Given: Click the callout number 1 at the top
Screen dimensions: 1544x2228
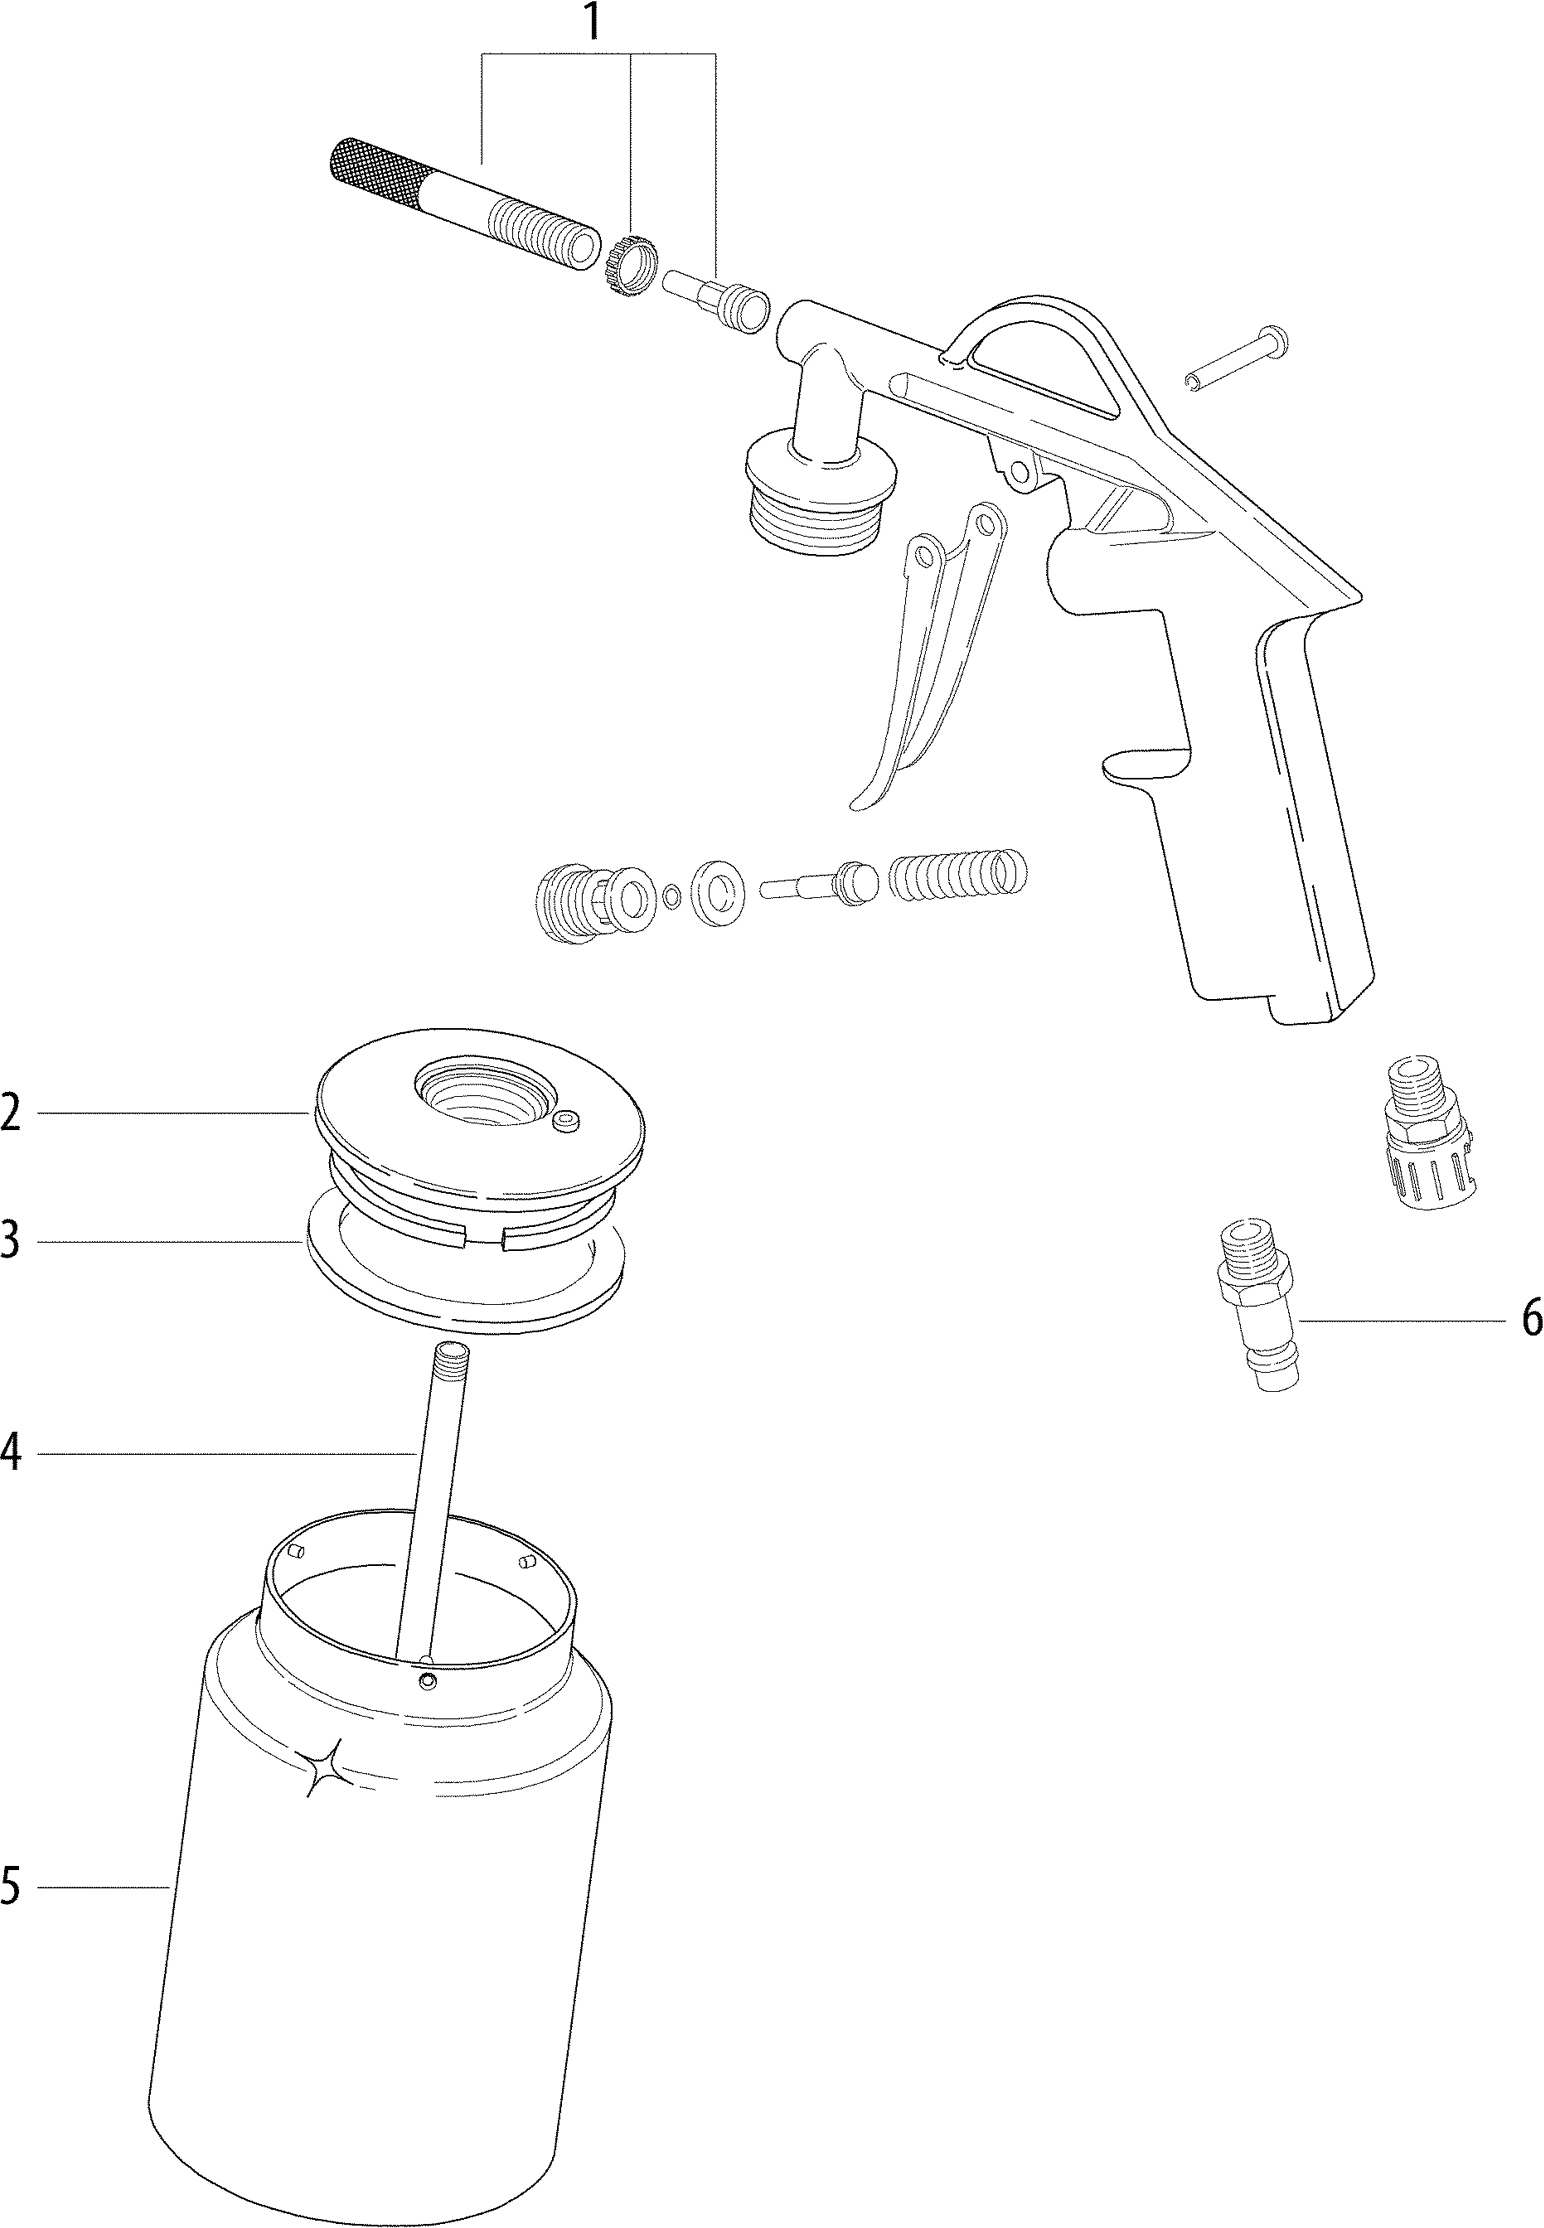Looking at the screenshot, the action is click(593, 22).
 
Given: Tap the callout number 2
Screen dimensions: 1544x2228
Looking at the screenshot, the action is click(11, 1112).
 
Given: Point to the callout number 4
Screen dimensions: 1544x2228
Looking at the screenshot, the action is click(11, 1452).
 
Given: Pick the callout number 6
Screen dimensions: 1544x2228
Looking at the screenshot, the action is click(1531, 1320).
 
